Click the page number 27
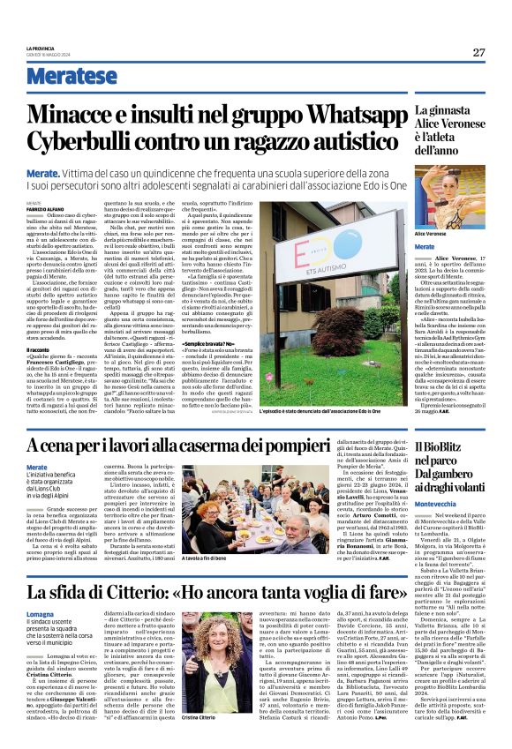[x=478, y=52]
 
